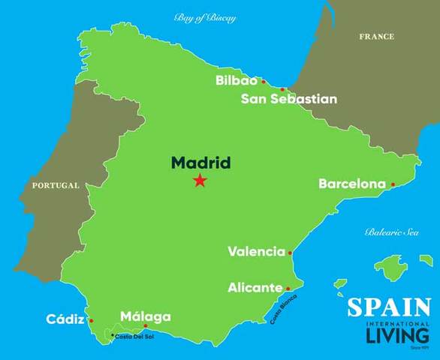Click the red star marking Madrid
200,180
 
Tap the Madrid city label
200,163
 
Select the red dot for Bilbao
263,81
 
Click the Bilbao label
237,80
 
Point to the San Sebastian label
288,99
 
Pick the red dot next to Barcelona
393,184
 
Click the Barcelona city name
351,184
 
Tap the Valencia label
256,252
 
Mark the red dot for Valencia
290,253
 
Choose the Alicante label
255,287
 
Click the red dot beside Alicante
288,288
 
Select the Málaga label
146,316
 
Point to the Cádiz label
65,319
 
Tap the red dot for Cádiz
91,321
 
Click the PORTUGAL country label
55,185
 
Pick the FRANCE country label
376,37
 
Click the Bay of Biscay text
204,17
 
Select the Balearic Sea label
392,232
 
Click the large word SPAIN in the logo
389,308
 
